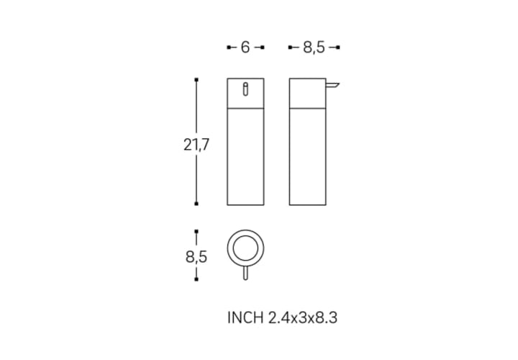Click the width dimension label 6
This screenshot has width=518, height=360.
pyautogui.click(x=245, y=48)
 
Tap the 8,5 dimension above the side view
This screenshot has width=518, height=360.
pyautogui.click(x=314, y=48)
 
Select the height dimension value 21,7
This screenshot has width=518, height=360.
pyautogui.click(x=196, y=145)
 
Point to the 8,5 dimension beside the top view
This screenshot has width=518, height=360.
pyautogui.click(x=196, y=256)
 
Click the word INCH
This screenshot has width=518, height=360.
pyautogui.click(x=245, y=318)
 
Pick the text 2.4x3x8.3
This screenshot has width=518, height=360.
pyautogui.click(x=303, y=318)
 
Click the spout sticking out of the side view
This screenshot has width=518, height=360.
pyautogui.click(x=332, y=86)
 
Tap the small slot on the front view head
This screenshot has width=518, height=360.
pyautogui.click(x=245, y=89)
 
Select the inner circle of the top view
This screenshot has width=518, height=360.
pyautogui.click(x=245, y=236)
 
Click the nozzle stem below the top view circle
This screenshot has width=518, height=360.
pyautogui.click(x=245, y=274)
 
